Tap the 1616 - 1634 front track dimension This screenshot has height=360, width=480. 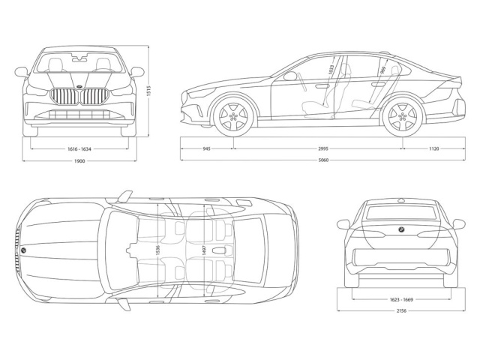tap(79, 148)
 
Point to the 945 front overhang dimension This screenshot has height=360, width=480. tap(206, 148)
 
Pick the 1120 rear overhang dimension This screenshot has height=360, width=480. tap(433, 148)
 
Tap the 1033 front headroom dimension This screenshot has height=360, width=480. tap(331, 72)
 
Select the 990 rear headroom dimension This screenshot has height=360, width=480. tap(382, 71)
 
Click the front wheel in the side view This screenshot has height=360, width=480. tap(234, 117)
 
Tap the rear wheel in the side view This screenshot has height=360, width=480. tap(400, 117)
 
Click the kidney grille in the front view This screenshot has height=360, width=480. tap(79, 97)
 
